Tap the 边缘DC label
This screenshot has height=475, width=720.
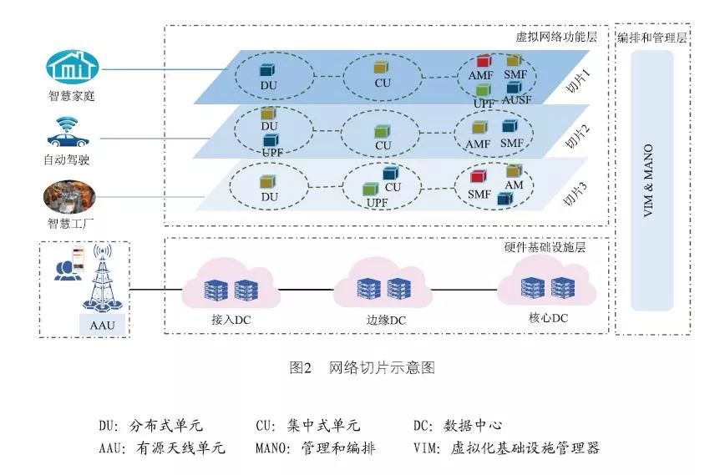(x=386, y=319)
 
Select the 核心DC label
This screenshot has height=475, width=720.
(x=548, y=318)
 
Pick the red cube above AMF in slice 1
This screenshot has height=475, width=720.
(x=484, y=62)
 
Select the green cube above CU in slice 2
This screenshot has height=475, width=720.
(x=383, y=131)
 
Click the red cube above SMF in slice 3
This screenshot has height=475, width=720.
(x=478, y=177)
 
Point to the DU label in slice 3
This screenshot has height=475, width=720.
(x=269, y=197)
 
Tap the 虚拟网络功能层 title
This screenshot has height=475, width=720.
(x=558, y=38)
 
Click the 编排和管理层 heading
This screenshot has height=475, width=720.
(x=652, y=38)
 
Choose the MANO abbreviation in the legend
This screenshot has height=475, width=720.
(x=274, y=448)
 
